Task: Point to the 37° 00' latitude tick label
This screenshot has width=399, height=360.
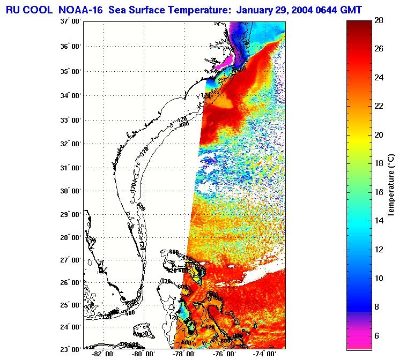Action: click(71, 21)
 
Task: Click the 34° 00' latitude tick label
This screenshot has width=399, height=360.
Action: click(71, 95)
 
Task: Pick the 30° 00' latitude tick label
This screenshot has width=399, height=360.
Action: click(71, 191)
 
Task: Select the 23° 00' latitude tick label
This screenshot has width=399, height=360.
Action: click(71, 349)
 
